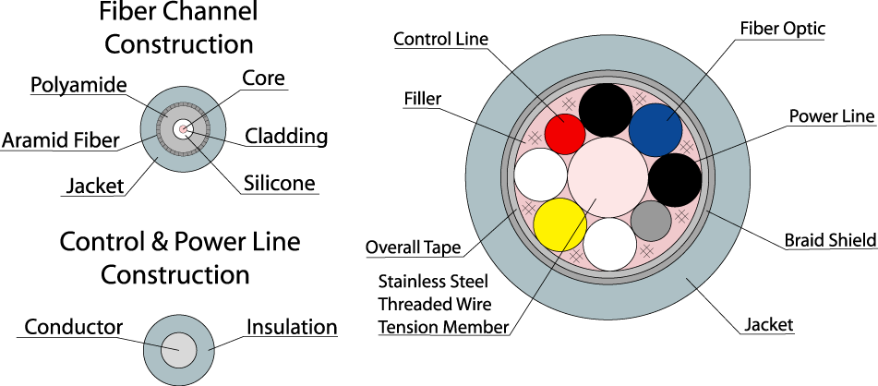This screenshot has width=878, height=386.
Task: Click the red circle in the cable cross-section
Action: [x=564, y=133]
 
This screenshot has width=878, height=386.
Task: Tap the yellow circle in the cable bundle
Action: [x=560, y=223]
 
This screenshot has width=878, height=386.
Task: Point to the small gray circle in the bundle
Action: [x=651, y=221]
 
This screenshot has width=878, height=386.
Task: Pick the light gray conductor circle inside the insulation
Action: [x=178, y=350]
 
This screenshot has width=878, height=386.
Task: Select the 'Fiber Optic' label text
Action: [x=782, y=28]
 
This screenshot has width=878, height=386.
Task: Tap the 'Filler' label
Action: [x=422, y=97]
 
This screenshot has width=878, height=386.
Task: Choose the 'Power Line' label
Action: [x=831, y=116]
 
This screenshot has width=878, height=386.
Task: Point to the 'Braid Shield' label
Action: [x=830, y=240]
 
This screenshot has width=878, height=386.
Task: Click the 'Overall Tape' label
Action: [x=413, y=247]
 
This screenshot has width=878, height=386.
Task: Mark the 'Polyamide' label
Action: [x=78, y=85]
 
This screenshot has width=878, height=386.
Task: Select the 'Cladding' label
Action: [x=286, y=137]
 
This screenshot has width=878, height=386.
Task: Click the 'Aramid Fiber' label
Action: [x=60, y=140]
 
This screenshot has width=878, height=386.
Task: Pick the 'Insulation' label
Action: [x=292, y=327]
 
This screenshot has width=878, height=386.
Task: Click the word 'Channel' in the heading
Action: [x=203, y=12]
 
